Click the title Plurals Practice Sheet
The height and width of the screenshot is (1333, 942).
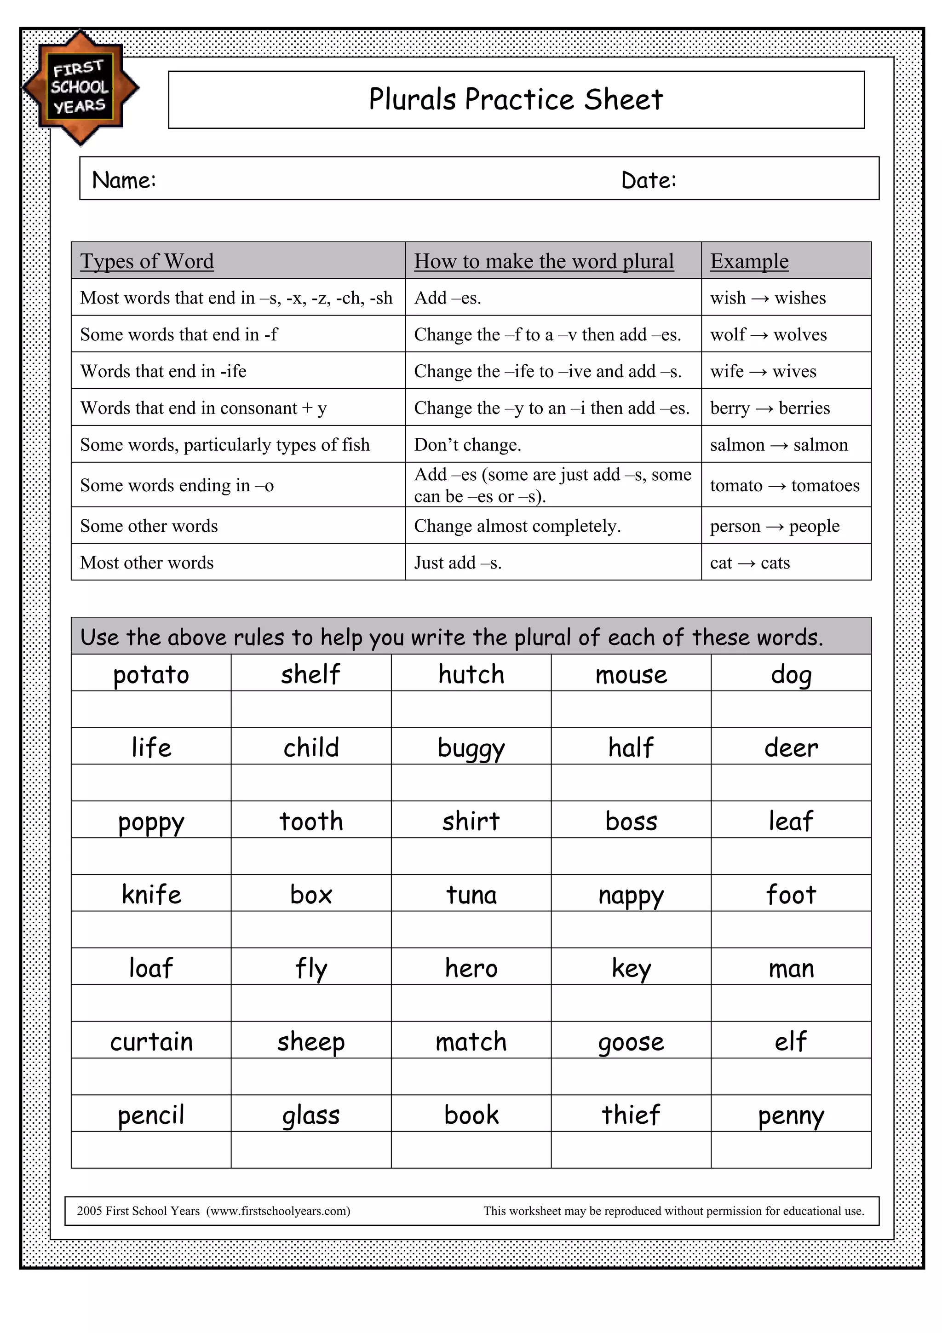pos(516,99)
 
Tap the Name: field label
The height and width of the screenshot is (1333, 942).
pos(124,180)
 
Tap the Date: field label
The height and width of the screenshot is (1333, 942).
pos(648,180)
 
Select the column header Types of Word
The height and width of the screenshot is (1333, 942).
pos(147,261)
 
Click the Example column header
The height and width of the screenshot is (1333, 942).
pos(749,261)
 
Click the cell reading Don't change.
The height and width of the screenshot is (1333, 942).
pos(467,445)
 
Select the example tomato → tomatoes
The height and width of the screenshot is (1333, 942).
pos(784,485)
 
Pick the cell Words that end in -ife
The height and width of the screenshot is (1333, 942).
pos(163,371)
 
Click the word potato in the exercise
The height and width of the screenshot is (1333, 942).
pos(151,674)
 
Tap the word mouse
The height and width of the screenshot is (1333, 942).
pos(631,674)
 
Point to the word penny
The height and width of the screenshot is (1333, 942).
pos(791,1115)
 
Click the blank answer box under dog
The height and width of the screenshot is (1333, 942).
pos(791,709)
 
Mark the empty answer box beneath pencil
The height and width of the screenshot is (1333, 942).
pos(151,1149)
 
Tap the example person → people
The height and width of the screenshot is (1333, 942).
pos(774,526)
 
